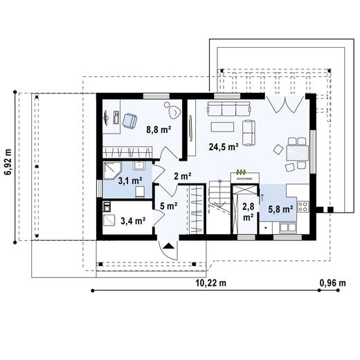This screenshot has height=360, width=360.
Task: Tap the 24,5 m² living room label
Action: click(x=223, y=147)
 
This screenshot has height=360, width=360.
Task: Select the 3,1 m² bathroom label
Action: click(x=129, y=181)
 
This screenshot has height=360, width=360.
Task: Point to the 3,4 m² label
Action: click(x=132, y=222)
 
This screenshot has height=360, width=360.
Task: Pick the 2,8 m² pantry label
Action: click(x=247, y=210)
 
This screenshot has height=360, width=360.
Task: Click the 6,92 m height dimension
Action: click(x=8, y=163)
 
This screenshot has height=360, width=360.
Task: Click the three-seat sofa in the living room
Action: click(x=228, y=107)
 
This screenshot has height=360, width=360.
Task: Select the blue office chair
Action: click(x=129, y=120)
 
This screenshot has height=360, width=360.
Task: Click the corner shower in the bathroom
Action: click(x=111, y=172)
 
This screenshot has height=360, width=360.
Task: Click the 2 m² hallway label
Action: click(x=182, y=176)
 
